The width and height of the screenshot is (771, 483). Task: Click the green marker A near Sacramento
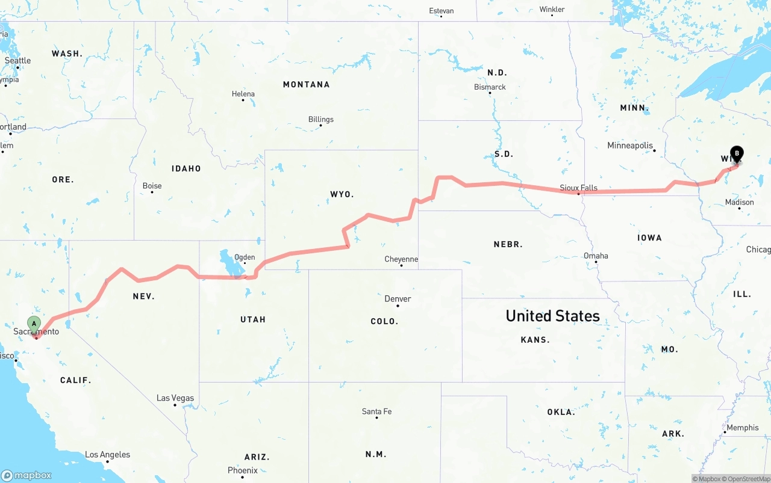[34, 324]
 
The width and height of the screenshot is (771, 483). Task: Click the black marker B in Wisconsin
[736, 154]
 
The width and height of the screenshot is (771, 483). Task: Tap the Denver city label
[398, 299]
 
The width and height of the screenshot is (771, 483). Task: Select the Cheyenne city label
[401, 259]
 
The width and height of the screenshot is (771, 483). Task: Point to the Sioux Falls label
[578, 188]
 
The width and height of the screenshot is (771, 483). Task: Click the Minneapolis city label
[630, 146]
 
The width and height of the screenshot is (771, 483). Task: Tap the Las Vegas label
[175, 398]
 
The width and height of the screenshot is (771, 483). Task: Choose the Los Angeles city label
[107, 455]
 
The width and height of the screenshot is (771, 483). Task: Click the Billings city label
[320, 119]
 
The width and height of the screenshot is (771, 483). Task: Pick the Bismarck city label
[490, 87]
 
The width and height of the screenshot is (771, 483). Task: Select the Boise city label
[152, 186]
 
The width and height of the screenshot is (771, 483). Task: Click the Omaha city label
[596, 256]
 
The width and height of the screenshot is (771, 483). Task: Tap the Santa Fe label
[376, 411]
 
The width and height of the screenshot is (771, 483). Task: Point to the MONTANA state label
[306, 85]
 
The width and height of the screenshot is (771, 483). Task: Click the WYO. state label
[342, 194]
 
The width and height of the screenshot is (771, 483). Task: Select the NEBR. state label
[508, 244]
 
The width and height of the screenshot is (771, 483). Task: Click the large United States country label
[552, 316]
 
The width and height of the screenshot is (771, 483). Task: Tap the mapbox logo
[27, 475]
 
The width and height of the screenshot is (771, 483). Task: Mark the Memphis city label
[743, 428]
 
